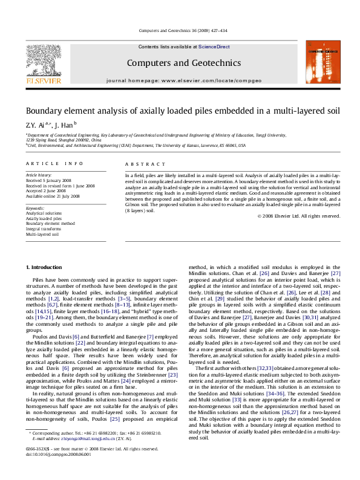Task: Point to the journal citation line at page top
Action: coord(180,30)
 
